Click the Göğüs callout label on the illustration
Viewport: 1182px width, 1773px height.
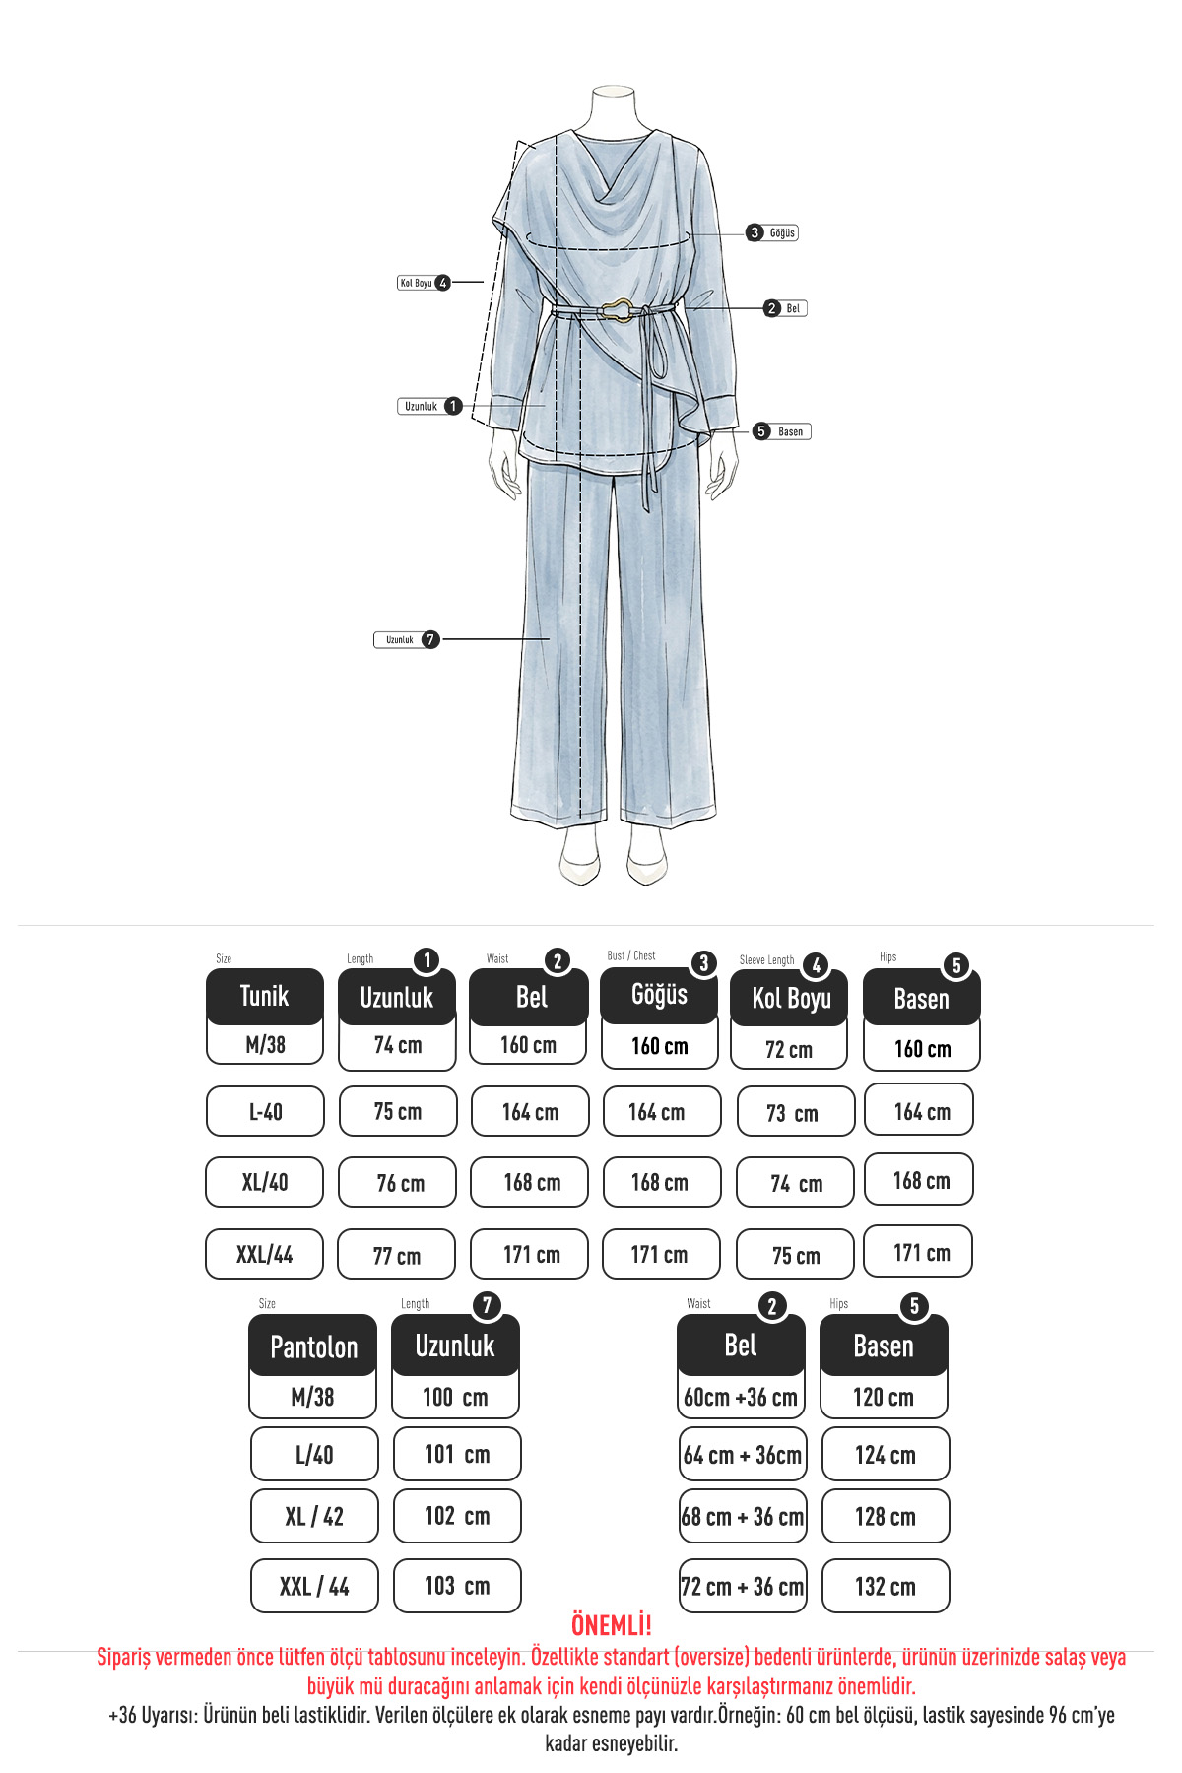pyautogui.click(x=782, y=233)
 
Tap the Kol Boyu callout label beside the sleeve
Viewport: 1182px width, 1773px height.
pyautogui.click(x=416, y=283)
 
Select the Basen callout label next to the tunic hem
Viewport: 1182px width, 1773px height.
pyautogui.click(x=790, y=431)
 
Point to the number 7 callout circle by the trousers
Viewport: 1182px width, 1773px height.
pyautogui.click(x=430, y=639)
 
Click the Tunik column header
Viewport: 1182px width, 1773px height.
pyautogui.click(x=265, y=996)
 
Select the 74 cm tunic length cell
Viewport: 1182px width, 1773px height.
pyautogui.click(x=397, y=1046)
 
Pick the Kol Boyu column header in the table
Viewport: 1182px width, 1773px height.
pyautogui.click(x=790, y=999)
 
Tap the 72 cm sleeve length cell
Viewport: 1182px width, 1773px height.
pyautogui.click(x=789, y=1049)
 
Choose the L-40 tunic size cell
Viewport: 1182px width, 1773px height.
pyautogui.click(x=265, y=1112)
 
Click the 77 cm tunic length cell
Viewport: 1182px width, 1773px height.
pyautogui.click(x=396, y=1255)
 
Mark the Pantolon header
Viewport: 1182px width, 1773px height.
pyautogui.click(x=313, y=1346)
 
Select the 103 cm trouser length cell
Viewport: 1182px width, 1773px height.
pyautogui.click(x=457, y=1586)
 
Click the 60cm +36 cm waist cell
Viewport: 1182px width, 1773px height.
pyautogui.click(x=741, y=1397)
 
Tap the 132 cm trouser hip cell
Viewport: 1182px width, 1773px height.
pyautogui.click(x=886, y=1586)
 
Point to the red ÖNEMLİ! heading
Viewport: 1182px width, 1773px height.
pyautogui.click(x=612, y=1625)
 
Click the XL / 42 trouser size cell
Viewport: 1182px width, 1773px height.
pyautogui.click(x=314, y=1516)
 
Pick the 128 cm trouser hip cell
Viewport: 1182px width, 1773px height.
pyautogui.click(x=886, y=1516)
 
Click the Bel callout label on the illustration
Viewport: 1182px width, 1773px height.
pyautogui.click(x=793, y=308)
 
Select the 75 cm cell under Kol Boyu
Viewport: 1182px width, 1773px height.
pyautogui.click(x=796, y=1255)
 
